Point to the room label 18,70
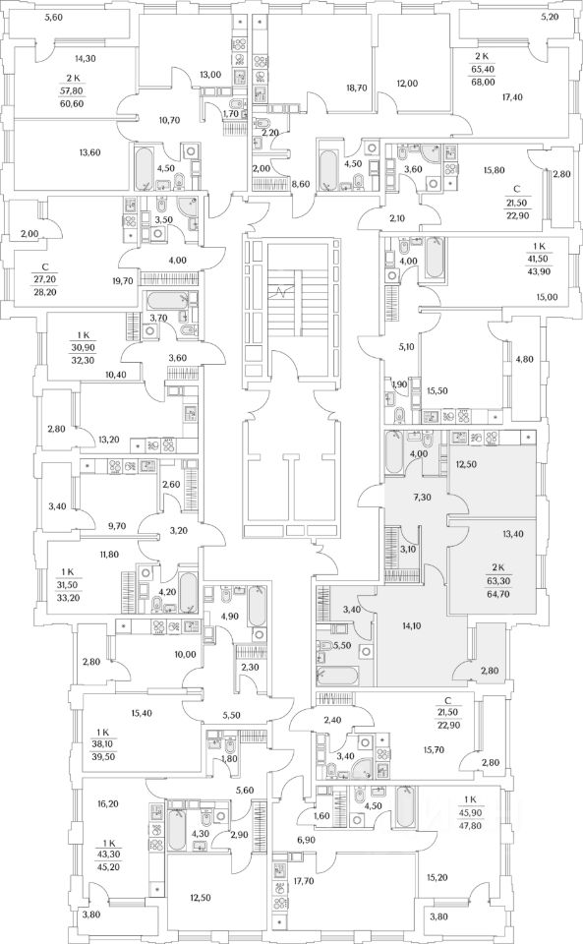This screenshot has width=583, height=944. (356, 88)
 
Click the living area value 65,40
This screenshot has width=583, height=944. (482, 69)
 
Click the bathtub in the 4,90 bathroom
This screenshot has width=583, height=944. (257, 606)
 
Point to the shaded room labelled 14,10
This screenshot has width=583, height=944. (411, 625)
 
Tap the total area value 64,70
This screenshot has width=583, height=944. (497, 594)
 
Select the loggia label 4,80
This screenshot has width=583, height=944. (524, 360)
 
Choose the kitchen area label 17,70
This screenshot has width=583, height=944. (304, 881)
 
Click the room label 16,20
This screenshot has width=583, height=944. (108, 803)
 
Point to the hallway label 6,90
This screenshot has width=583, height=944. (306, 839)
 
